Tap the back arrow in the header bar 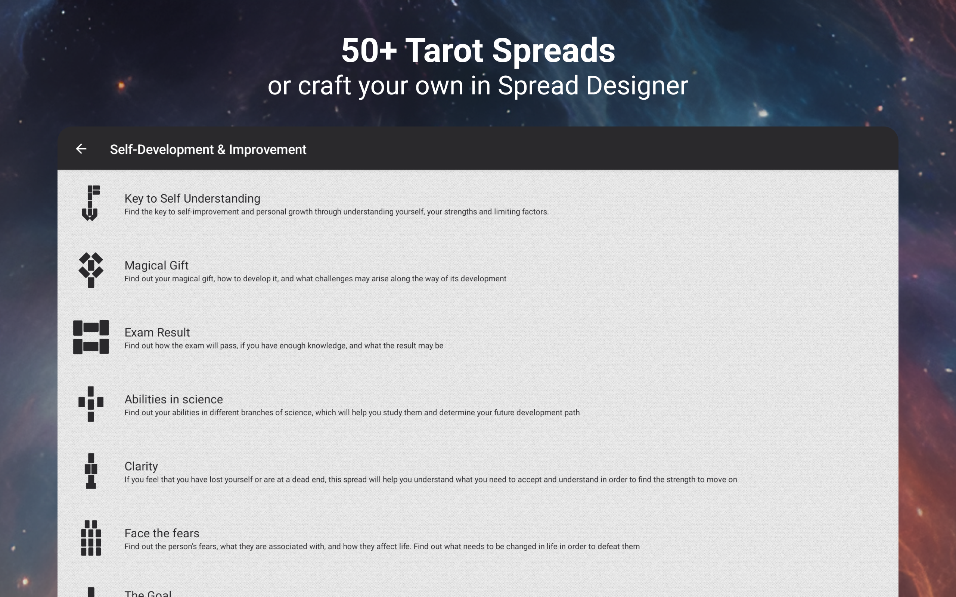point(81,149)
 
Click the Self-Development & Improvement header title point(208,150)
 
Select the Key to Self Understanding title point(192,199)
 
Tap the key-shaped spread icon point(90,203)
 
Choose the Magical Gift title point(156,265)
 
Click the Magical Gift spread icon point(91,270)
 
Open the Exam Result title point(157,332)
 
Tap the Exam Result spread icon point(91,337)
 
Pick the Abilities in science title point(173,399)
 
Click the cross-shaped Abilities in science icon point(91,404)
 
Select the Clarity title point(141,466)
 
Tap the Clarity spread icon point(91,471)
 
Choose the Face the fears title point(162,534)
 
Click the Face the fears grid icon point(91,538)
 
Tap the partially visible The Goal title point(148,593)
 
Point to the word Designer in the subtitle point(637,85)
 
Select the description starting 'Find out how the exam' point(284,346)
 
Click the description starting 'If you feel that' point(431,480)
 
